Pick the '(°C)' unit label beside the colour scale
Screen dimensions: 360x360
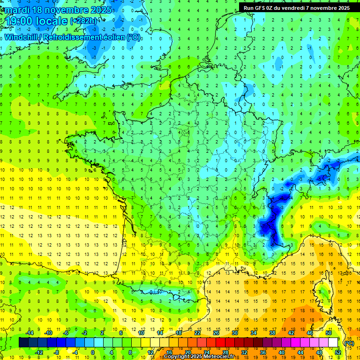(x=349, y=343)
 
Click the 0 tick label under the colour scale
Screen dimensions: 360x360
(x=93, y=352)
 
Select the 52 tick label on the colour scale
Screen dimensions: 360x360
(x=337, y=352)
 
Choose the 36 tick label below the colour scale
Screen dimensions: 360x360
(x=262, y=352)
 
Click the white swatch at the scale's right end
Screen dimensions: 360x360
(x=333, y=343)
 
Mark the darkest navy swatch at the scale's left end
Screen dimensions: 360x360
(x=23, y=343)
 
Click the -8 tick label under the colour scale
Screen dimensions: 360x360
(x=56, y=352)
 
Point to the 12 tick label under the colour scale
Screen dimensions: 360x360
(x=150, y=352)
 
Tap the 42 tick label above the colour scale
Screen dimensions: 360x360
(x=291, y=332)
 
